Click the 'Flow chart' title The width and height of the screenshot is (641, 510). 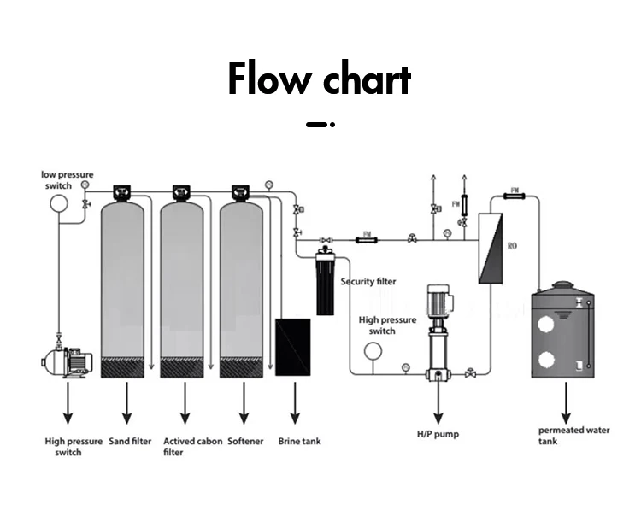320,79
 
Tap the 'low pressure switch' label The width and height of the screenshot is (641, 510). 68,179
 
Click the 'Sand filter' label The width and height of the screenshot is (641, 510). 131,442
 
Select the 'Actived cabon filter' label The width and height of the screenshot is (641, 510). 191,446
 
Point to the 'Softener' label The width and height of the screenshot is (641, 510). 245,442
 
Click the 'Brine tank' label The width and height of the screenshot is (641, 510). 299,442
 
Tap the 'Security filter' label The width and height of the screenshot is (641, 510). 368,282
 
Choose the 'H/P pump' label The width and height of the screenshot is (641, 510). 437,434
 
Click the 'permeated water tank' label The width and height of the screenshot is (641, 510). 573,435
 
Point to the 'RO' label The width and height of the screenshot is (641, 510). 513,246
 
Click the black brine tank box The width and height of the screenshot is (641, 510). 293,347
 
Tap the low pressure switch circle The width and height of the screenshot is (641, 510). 58,203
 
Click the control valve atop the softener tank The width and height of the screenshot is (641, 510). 241,193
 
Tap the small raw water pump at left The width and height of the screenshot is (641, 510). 67,362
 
